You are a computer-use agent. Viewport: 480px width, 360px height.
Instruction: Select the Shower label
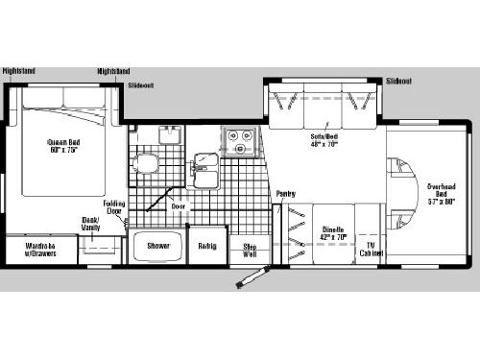(158, 247)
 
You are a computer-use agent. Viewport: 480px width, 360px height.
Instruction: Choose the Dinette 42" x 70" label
(329, 232)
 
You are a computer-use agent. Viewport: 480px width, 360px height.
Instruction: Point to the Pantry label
(285, 194)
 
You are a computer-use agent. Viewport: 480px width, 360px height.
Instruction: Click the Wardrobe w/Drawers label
(40, 250)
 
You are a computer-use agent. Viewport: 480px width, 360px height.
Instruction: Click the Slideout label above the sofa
(399, 82)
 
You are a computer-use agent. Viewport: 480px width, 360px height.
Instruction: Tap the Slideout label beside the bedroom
(141, 85)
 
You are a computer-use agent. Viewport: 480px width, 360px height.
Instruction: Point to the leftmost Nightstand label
(19, 71)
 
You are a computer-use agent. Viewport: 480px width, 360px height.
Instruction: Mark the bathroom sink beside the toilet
(169, 133)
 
